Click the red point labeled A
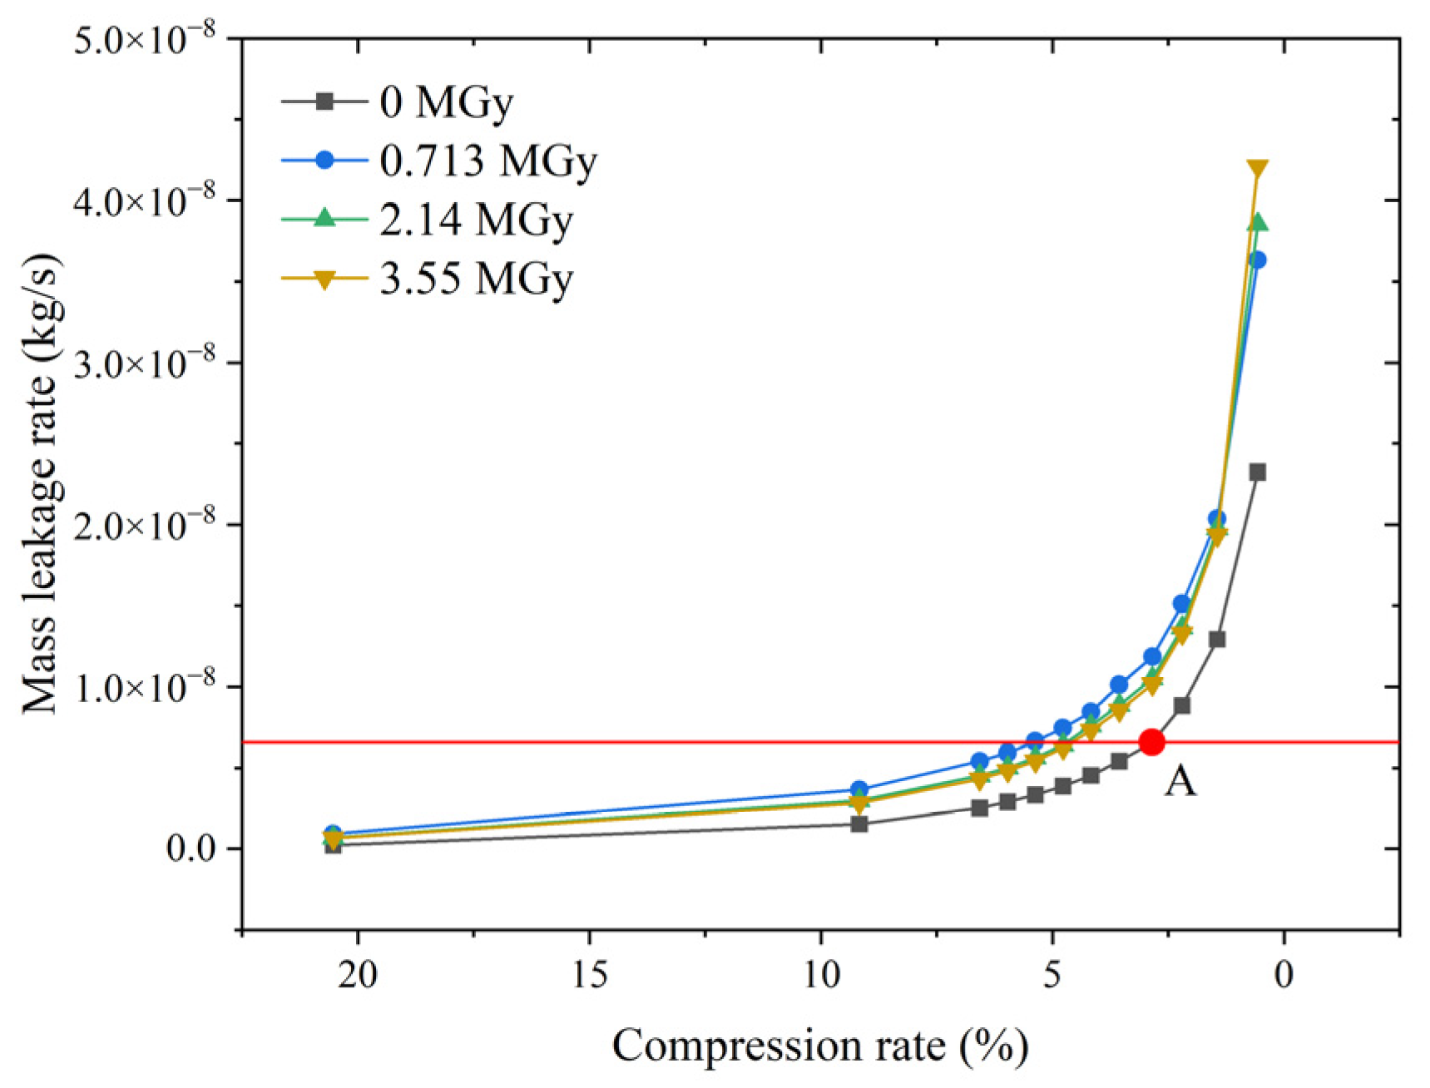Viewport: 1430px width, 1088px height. pos(1151,742)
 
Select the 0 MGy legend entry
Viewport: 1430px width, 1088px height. pos(446,102)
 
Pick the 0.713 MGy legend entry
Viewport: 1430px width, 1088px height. pos(487,161)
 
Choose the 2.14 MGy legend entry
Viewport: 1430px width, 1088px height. pos(476,220)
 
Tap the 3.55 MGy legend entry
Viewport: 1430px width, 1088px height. pos(476,279)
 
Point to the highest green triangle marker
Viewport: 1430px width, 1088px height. pos(1257,222)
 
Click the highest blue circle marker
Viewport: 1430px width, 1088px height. pos(1257,260)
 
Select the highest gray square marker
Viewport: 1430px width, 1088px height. pos(1257,472)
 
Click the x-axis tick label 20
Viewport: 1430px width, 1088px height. pos(358,974)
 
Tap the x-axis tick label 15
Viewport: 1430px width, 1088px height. pos(589,974)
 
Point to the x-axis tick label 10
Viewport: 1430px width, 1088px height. pos(820,974)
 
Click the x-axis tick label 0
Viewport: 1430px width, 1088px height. pos(1284,974)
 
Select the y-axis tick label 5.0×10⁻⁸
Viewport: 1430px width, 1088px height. pos(145,39)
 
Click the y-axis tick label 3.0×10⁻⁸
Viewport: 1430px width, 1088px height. pos(145,363)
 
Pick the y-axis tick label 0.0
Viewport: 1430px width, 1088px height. pos(191,849)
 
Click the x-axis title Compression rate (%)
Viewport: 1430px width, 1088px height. pos(820,1046)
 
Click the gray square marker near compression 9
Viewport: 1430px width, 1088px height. pos(859,824)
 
